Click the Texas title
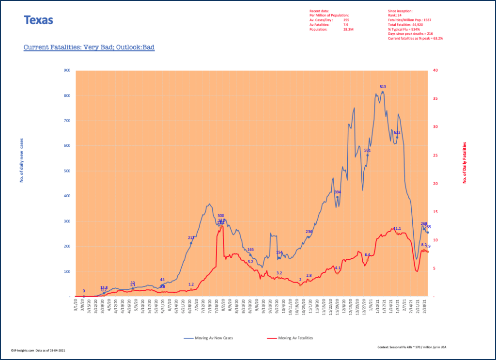pyautogui.click(x=38, y=20)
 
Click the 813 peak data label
pyautogui.click(x=383, y=87)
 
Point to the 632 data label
pyautogui.click(x=397, y=132)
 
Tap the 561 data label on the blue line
pyautogui.click(x=368, y=150)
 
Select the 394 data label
pyautogui.click(x=338, y=192)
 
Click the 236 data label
pyautogui.click(x=309, y=232)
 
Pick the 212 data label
pyautogui.click(x=191, y=238)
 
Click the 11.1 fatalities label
pyautogui.click(x=397, y=228)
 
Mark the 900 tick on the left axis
pyautogui.click(x=67, y=70)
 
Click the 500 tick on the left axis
pyautogui.click(x=67, y=171)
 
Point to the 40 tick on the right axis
pyautogui.click(x=434, y=70)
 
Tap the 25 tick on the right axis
pyautogui.click(x=434, y=156)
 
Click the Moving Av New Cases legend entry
pyautogui.click(x=209, y=338)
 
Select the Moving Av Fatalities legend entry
pyautogui.click(x=293, y=338)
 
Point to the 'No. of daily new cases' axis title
pyautogui.click(x=22, y=160)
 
